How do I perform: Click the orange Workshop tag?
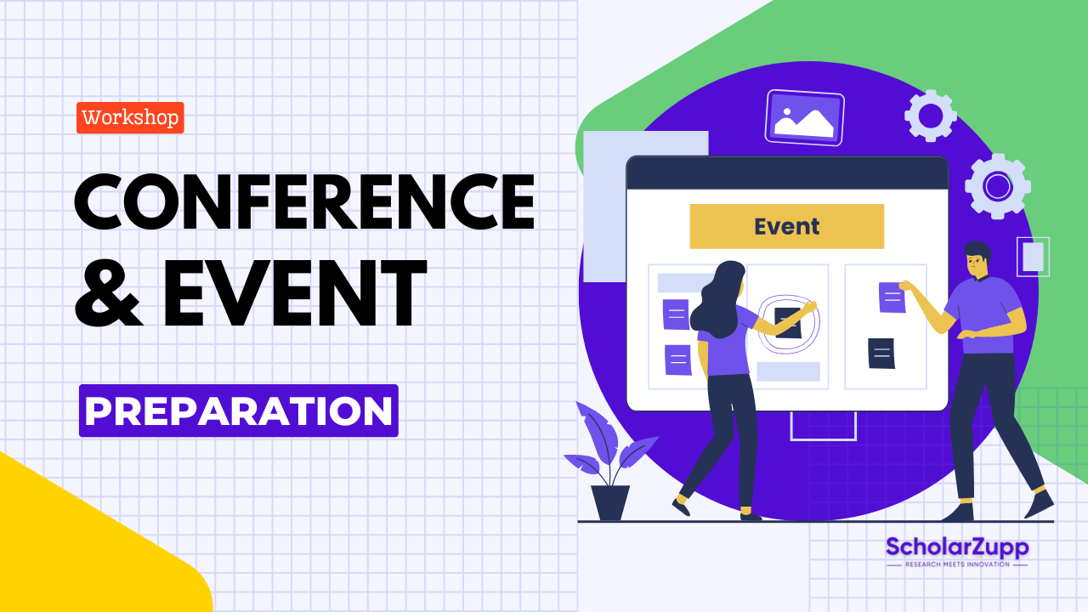click(x=130, y=117)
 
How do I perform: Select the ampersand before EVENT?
click(x=109, y=293)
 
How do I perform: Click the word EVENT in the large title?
click(x=293, y=293)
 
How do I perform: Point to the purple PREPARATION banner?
click(x=238, y=411)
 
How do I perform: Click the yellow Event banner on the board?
click(x=786, y=226)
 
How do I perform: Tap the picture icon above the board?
click(x=803, y=117)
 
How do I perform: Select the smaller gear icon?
click(x=930, y=115)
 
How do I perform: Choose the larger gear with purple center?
click(x=997, y=185)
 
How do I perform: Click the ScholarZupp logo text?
click(x=956, y=547)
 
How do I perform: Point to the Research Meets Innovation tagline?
click(x=956, y=564)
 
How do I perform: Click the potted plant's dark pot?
click(x=610, y=502)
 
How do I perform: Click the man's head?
click(x=977, y=259)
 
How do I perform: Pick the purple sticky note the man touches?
click(x=892, y=297)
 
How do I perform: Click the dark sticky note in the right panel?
click(x=881, y=353)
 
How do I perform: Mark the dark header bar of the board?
click(x=786, y=173)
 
